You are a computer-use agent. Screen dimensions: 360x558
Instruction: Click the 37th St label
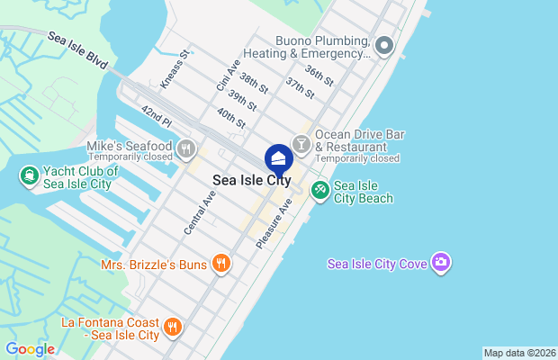pyautogui.click(x=300, y=86)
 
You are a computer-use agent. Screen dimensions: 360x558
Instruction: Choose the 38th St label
pyautogui.click(x=254, y=83)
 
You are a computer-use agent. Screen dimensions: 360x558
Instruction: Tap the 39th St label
pyautogui.click(x=242, y=99)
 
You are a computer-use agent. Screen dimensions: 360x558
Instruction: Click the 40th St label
pyautogui.click(x=231, y=116)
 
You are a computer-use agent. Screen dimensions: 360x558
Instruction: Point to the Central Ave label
pyautogui.click(x=200, y=212)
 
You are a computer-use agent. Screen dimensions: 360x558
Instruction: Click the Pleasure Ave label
pyautogui.click(x=274, y=224)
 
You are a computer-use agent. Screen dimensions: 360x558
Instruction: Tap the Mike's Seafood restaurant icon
pyautogui.click(x=185, y=147)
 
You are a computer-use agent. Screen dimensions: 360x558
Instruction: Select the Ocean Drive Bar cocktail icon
pyautogui.click(x=301, y=142)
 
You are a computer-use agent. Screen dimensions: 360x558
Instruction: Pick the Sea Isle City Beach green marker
pyautogui.click(x=319, y=190)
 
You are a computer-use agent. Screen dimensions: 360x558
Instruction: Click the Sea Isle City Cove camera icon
pyautogui.click(x=441, y=263)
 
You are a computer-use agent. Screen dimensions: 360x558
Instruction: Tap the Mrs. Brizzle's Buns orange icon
pyautogui.click(x=220, y=264)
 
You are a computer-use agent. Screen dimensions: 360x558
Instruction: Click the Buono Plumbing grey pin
pyautogui.click(x=384, y=44)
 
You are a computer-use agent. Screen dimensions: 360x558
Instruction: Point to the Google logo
pyautogui.click(x=30, y=349)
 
